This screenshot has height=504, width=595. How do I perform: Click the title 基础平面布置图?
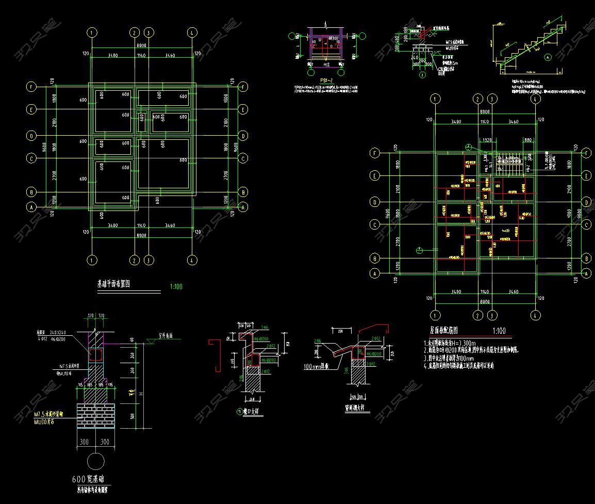[113, 284]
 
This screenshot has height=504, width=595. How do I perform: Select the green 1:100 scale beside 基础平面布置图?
[176, 286]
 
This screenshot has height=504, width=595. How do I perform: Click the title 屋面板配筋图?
[443, 331]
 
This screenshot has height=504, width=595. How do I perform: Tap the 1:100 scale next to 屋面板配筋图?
[499, 331]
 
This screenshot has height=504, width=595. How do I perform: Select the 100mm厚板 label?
[319, 367]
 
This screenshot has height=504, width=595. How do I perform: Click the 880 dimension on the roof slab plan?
[528, 140]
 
